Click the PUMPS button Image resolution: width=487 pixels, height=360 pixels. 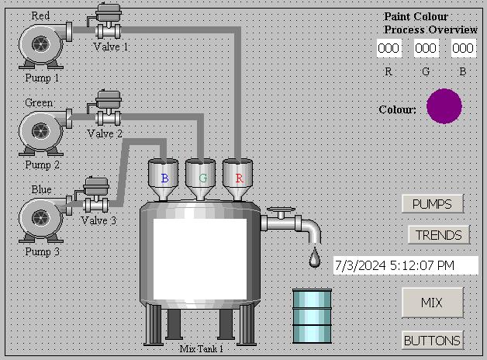point(433,204)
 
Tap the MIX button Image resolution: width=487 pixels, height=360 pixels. point(432,302)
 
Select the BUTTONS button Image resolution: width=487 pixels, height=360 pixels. point(433,340)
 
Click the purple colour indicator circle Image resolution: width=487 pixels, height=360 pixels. point(444,106)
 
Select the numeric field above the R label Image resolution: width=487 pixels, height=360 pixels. point(389,48)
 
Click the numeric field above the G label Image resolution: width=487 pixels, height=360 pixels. point(426,48)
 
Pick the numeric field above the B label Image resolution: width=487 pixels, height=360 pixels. point(463,48)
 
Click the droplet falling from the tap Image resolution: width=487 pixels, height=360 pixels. point(314,258)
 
